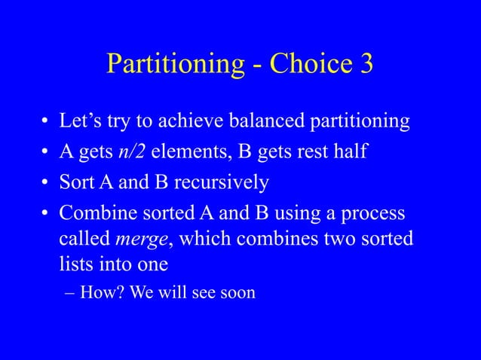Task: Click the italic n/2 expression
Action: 132,152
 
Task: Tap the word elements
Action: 188,152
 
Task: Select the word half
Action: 349,152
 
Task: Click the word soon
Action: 236,291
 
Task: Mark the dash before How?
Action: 67,292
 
